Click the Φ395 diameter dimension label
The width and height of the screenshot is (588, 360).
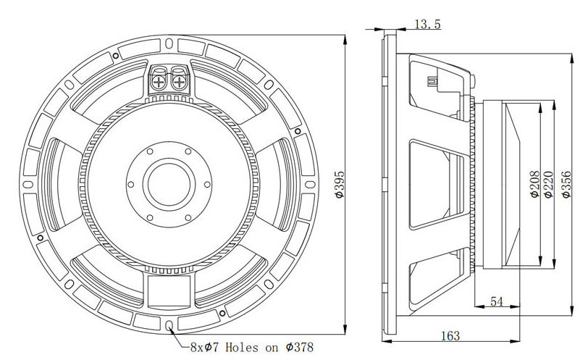(x=340, y=184)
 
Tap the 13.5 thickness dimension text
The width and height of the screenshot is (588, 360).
(x=427, y=25)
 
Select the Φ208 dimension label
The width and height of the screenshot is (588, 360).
(x=535, y=184)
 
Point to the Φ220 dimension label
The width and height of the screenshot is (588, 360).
(x=548, y=184)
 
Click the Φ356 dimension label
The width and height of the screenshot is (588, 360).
(x=566, y=184)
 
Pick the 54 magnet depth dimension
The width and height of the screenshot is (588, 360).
(x=497, y=301)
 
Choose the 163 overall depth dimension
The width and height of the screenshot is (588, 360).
(x=450, y=335)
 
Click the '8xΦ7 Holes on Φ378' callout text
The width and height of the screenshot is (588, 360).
(x=251, y=347)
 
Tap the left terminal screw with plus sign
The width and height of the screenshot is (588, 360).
(x=159, y=82)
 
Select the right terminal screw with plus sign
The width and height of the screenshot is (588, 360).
(x=180, y=82)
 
